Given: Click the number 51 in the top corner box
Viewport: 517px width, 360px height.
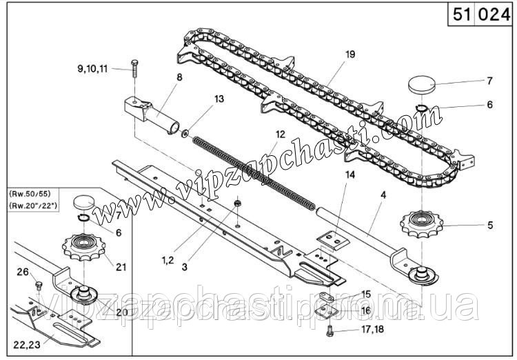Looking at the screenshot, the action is click(462, 14).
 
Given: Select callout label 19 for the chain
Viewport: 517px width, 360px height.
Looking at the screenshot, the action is click(349, 54).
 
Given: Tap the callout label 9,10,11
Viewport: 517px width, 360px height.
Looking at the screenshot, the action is click(92, 69).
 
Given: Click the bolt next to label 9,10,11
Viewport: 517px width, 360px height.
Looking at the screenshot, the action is click(134, 68).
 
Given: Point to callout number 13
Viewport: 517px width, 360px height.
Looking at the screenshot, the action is click(219, 99).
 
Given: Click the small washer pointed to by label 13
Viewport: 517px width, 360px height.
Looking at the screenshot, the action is click(185, 134).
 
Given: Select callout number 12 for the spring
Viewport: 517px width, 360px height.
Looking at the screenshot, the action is click(281, 134).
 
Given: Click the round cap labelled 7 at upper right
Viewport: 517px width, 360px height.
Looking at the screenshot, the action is click(422, 85).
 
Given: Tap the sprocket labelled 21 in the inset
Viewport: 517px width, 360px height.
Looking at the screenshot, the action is click(83, 247).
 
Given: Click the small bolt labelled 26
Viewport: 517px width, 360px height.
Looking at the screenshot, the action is click(39, 286).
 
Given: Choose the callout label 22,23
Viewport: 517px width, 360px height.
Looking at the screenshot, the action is click(27, 345).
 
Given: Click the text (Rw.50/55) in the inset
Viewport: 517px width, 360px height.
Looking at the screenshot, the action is click(30, 192).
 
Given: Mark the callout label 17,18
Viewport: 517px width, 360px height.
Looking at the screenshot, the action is click(372, 329).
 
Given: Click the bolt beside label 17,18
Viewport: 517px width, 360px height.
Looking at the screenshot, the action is click(330, 331).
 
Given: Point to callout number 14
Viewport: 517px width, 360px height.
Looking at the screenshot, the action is click(349, 175).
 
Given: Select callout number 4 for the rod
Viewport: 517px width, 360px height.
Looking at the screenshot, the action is click(383, 195).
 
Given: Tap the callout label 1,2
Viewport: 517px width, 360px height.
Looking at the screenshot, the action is click(168, 260).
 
